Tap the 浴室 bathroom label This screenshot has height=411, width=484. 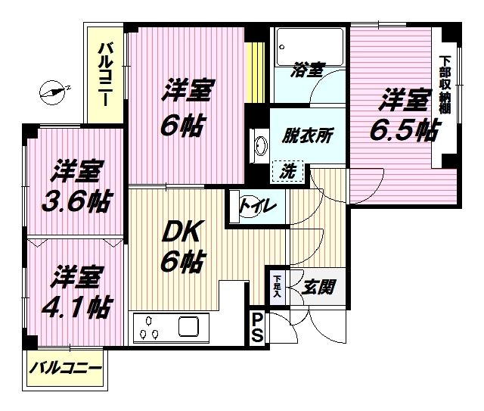[x=308, y=70]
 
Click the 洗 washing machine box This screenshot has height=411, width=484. [x=288, y=172]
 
